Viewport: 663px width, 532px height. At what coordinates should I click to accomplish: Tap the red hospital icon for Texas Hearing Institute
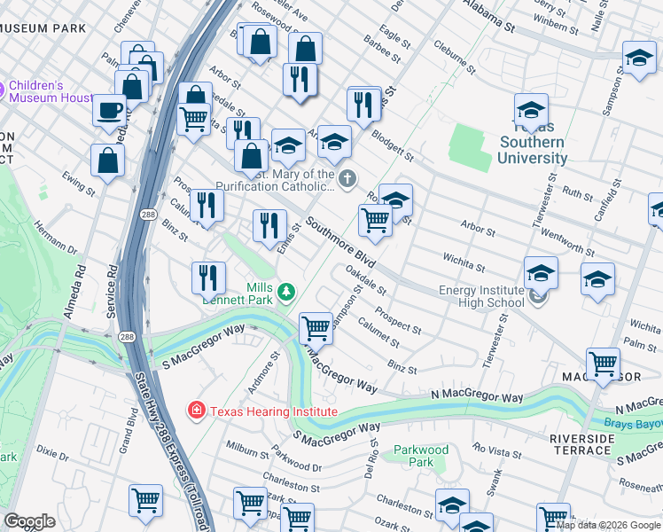pos(195,411)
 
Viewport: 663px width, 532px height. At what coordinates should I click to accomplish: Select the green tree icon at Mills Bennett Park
pos(285,291)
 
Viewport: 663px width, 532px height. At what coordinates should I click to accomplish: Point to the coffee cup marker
pos(110,112)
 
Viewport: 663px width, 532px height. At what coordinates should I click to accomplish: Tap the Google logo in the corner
pos(29,521)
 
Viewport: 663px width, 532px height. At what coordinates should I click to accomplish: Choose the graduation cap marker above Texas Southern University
pos(531,111)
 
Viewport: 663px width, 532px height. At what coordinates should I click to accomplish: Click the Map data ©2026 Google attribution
pos(608,525)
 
